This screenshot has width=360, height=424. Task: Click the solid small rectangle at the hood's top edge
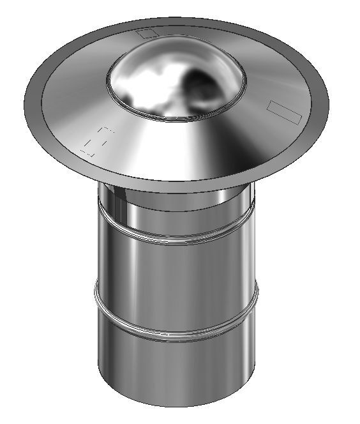[148, 33]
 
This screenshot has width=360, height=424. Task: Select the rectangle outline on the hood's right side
[283, 110]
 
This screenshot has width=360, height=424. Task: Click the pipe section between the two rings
[176, 281]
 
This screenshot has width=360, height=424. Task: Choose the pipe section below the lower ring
[176, 370]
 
